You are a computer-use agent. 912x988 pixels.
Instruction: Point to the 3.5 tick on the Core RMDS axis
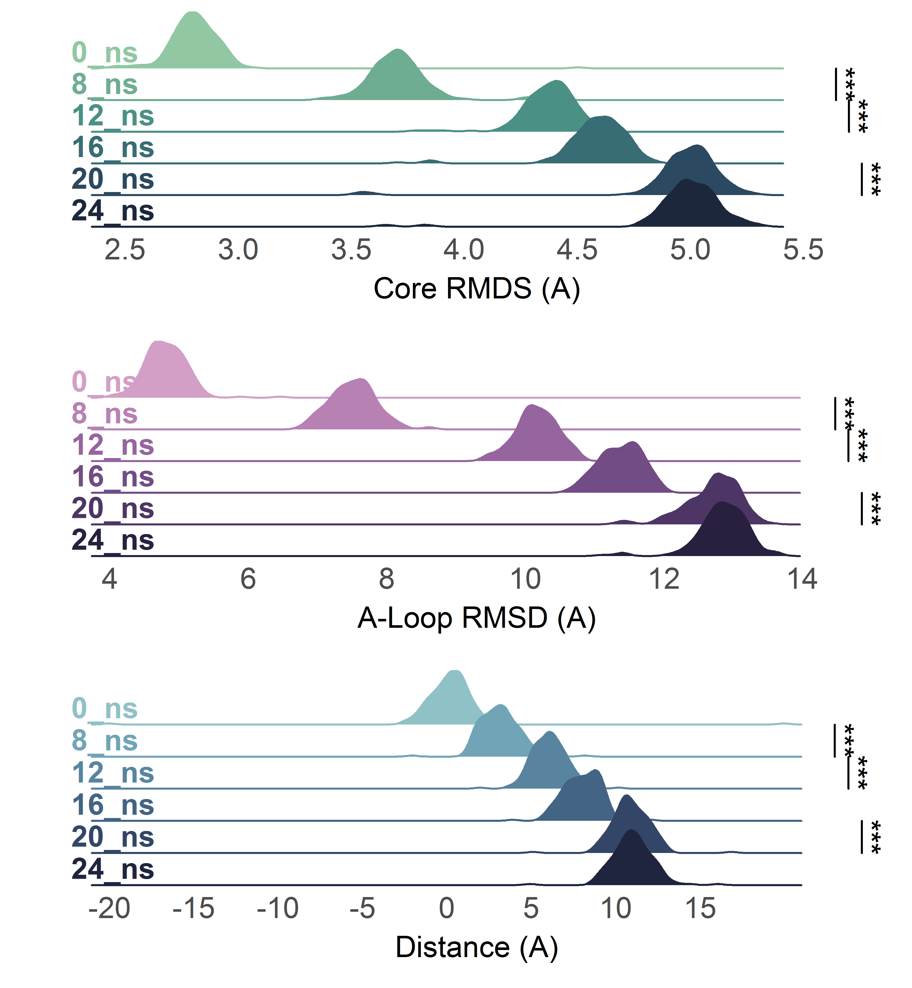point(351,250)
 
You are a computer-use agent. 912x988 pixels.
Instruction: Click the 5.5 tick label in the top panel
point(803,250)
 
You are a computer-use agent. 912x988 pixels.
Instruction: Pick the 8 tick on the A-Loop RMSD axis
point(386,579)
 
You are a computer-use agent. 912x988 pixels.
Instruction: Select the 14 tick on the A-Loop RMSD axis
point(802,579)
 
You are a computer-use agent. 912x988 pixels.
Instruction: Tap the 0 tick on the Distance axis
point(447,908)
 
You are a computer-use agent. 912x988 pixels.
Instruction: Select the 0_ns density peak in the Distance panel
point(454,672)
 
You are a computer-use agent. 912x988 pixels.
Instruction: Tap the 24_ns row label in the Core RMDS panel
point(112,211)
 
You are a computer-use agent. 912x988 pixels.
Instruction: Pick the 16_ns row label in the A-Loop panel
point(112,477)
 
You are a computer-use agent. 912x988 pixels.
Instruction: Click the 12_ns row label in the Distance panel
point(112,773)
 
